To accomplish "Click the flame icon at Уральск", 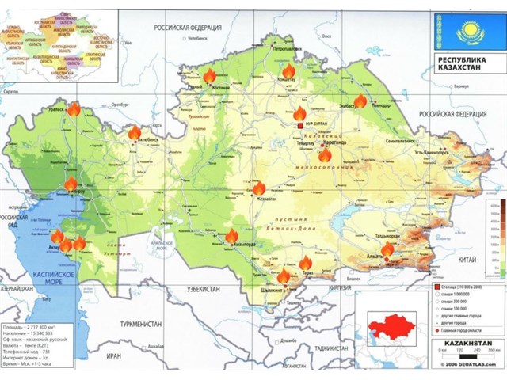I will (x=74, y=109).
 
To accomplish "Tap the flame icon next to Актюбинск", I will (x=135, y=133).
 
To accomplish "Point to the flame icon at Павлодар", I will (x=360, y=101).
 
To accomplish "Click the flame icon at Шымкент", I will (x=284, y=276).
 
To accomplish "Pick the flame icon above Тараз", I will (x=305, y=263).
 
